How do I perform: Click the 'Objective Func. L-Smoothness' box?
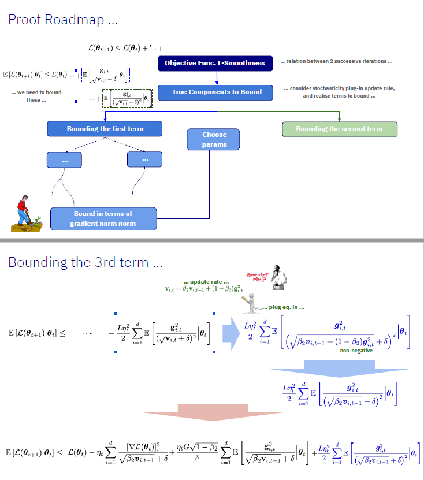point(215,63)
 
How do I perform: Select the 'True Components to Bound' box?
point(217,92)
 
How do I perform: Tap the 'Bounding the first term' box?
point(105,128)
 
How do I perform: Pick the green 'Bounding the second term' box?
point(339,129)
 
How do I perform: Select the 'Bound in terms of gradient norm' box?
point(103,218)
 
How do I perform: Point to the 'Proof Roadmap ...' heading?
point(62,20)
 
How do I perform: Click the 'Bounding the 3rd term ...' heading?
point(84,262)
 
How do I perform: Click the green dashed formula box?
point(127,98)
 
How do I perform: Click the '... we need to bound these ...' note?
point(36,96)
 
